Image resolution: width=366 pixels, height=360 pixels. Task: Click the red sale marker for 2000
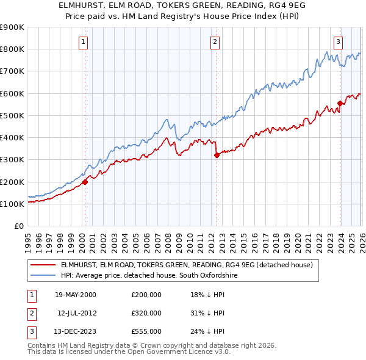(x=85, y=181)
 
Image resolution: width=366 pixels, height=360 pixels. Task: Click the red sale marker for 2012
(x=217, y=155)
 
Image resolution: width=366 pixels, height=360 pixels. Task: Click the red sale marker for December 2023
(x=340, y=103)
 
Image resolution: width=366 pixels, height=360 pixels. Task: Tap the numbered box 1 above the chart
(x=83, y=42)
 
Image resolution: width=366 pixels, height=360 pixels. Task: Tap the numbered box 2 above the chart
(x=215, y=42)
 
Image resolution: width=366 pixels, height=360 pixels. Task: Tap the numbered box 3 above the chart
(x=338, y=42)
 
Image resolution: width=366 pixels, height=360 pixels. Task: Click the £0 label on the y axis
(x=18, y=226)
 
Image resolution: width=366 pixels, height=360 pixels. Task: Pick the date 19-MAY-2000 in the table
(x=76, y=295)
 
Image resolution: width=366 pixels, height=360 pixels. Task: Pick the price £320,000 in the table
(x=146, y=313)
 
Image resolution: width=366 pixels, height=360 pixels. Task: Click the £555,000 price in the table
(x=146, y=331)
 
